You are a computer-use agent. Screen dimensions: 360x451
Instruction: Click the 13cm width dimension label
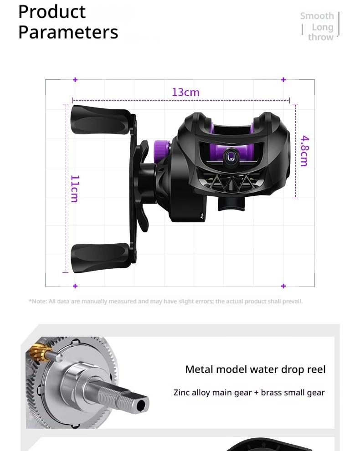(x=185, y=92)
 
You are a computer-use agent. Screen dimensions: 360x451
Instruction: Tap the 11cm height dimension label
(x=75, y=189)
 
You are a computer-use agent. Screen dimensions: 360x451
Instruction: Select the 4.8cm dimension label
(x=304, y=151)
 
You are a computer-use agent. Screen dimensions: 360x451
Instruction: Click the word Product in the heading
(x=52, y=12)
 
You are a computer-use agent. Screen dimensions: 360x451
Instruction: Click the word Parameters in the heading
(x=68, y=31)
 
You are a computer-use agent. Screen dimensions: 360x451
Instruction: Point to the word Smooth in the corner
(x=317, y=16)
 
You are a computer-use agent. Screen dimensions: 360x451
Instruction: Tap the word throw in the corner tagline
(x=320, y=37)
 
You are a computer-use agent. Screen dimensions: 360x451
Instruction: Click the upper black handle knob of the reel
(x=101, y=120)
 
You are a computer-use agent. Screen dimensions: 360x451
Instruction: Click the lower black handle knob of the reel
(x=100, y=258)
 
